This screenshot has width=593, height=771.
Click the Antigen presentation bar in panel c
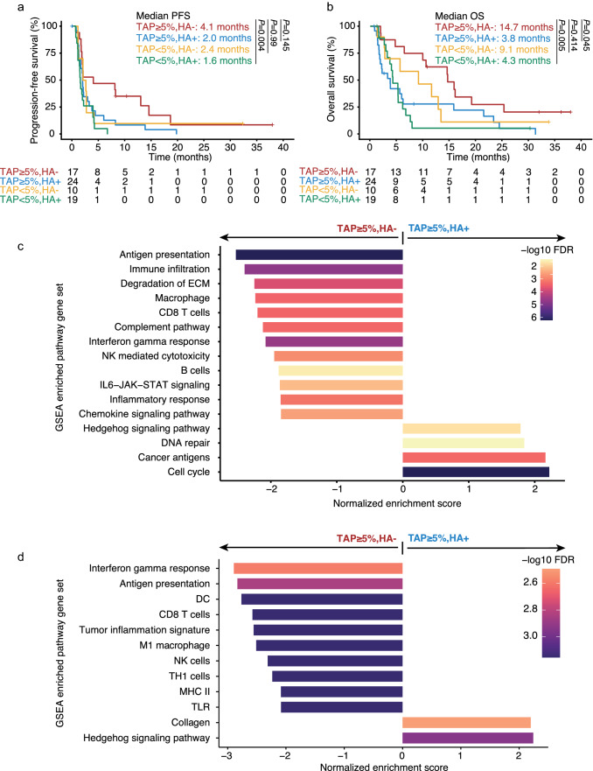pos(319,255)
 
